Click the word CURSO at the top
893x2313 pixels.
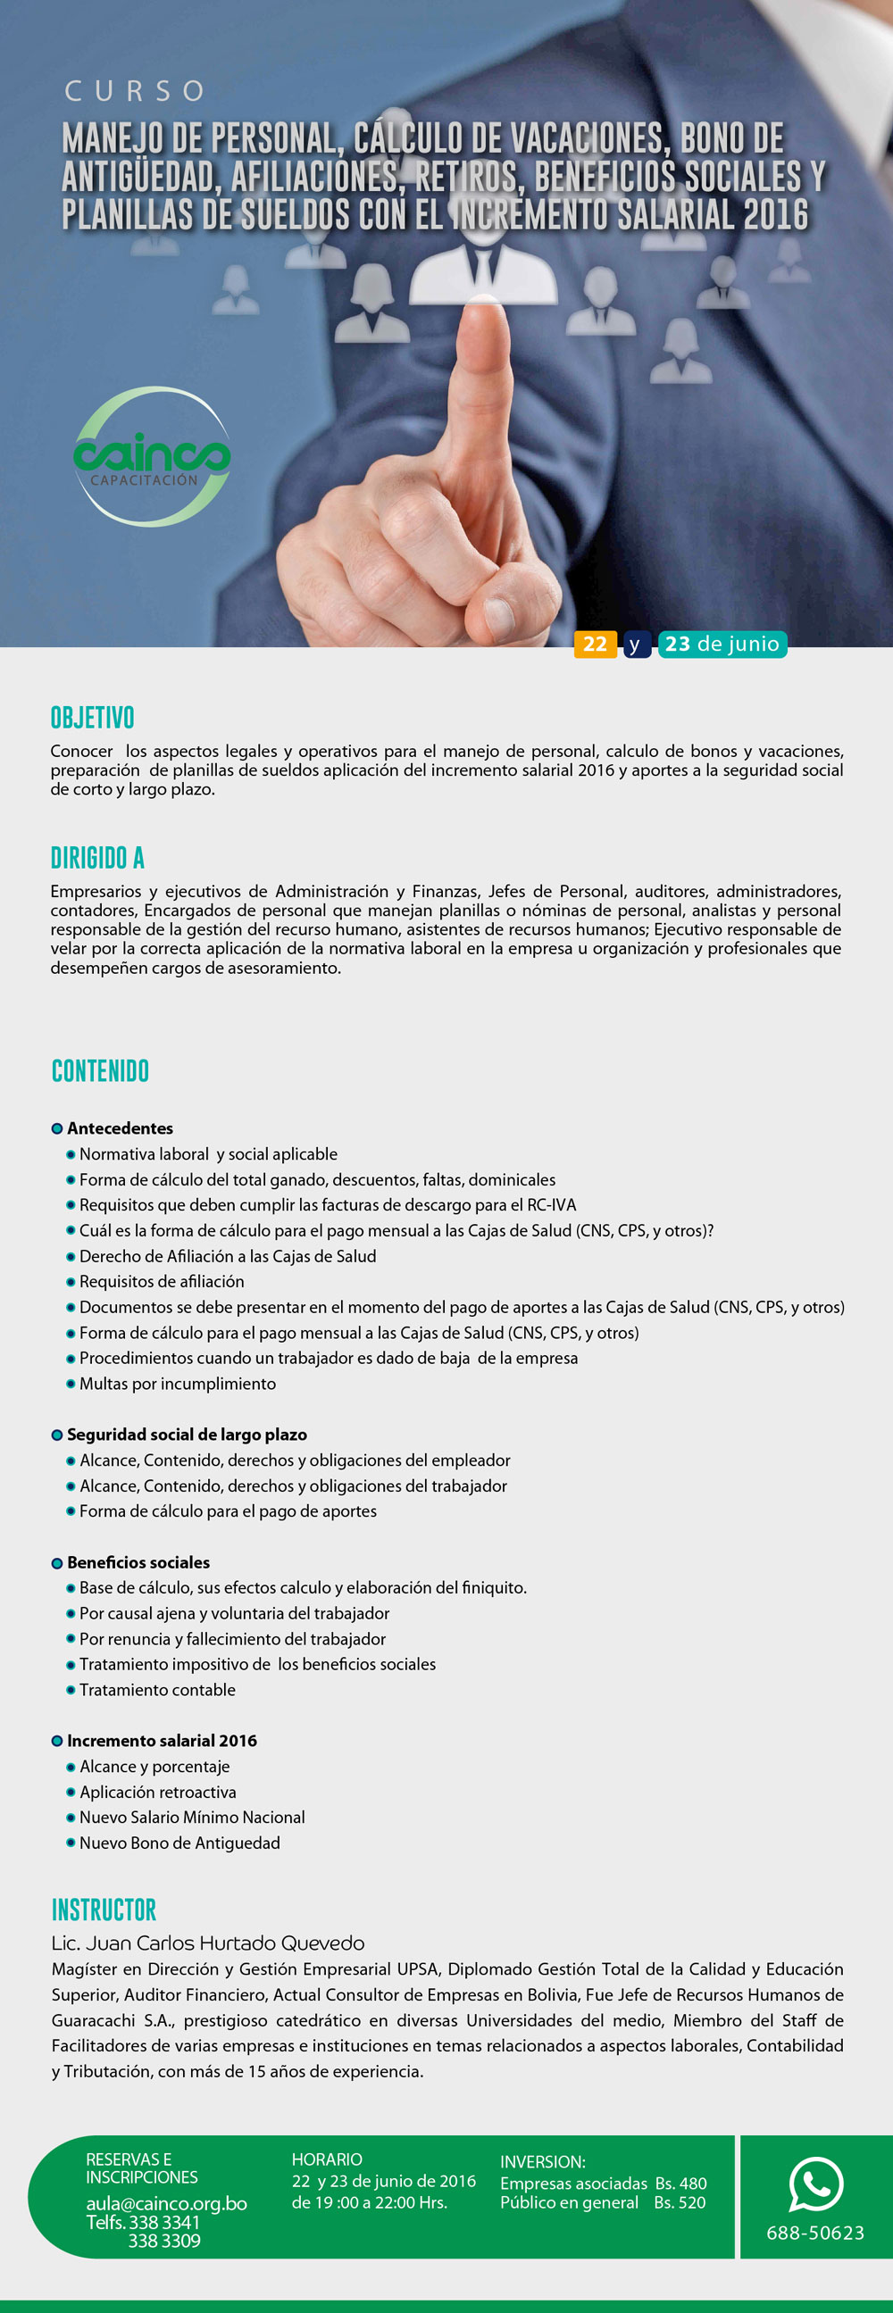pyautogui.click(x=135, y=91)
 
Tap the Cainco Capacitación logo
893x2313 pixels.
pyautogui.click(x=152, y=456)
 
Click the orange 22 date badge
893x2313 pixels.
pyautogui.click(x=595, y=644)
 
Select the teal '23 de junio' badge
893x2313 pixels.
pyautogui.click(x=722, y=644)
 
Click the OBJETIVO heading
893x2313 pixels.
pyautogui.click(x=92, y=718)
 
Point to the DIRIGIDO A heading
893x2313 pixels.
pyautogui.click(x=97, y=858)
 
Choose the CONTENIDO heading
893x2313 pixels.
pyautogui.click(x=100, y=1070)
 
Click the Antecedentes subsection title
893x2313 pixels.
pyautogui.click(x=120, y=1127)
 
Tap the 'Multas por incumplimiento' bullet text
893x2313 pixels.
pyautogui.click(x=177, y=1384)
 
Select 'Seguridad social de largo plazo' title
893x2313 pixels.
pyautogui.click(x=187, y=1435)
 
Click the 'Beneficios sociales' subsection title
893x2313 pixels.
pyautogui.click(x=138, y=1562)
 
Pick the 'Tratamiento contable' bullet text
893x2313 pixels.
pyautogui.click(x=157, y=1690)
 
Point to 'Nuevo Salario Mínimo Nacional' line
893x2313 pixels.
pyautogui.click(x=192, y=1818)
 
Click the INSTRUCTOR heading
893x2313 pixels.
pyautogui.click(x=104, y=1909)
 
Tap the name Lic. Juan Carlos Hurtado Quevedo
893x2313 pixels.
pyautogui.click(x=207, y=1943)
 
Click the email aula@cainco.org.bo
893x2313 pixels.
pyautogui.click(x=166, y=2203)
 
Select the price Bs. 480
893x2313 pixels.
pyautogui.click(x=680, y=2183)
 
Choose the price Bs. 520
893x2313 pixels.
pyautogui.click(x=680, y=2202)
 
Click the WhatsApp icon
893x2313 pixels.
pyautogui.click(x=815, y=2184)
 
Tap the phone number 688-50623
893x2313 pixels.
pyautogui.click(x=814, y=2232)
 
